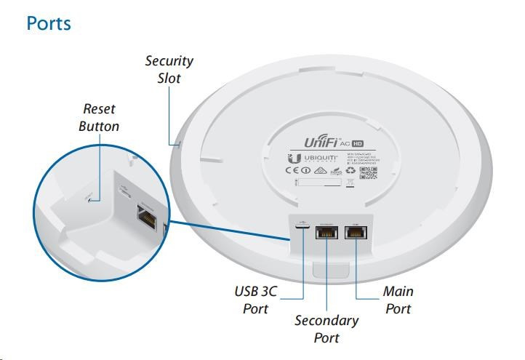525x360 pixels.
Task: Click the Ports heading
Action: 49,23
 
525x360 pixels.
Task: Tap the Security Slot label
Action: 169,68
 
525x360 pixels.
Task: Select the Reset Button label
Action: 99,117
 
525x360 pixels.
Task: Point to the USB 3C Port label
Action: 256,300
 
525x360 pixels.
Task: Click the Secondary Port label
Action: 326,328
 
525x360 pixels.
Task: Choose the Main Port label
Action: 398,300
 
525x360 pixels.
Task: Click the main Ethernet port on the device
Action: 356,233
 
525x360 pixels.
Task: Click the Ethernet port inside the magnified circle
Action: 147,215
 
